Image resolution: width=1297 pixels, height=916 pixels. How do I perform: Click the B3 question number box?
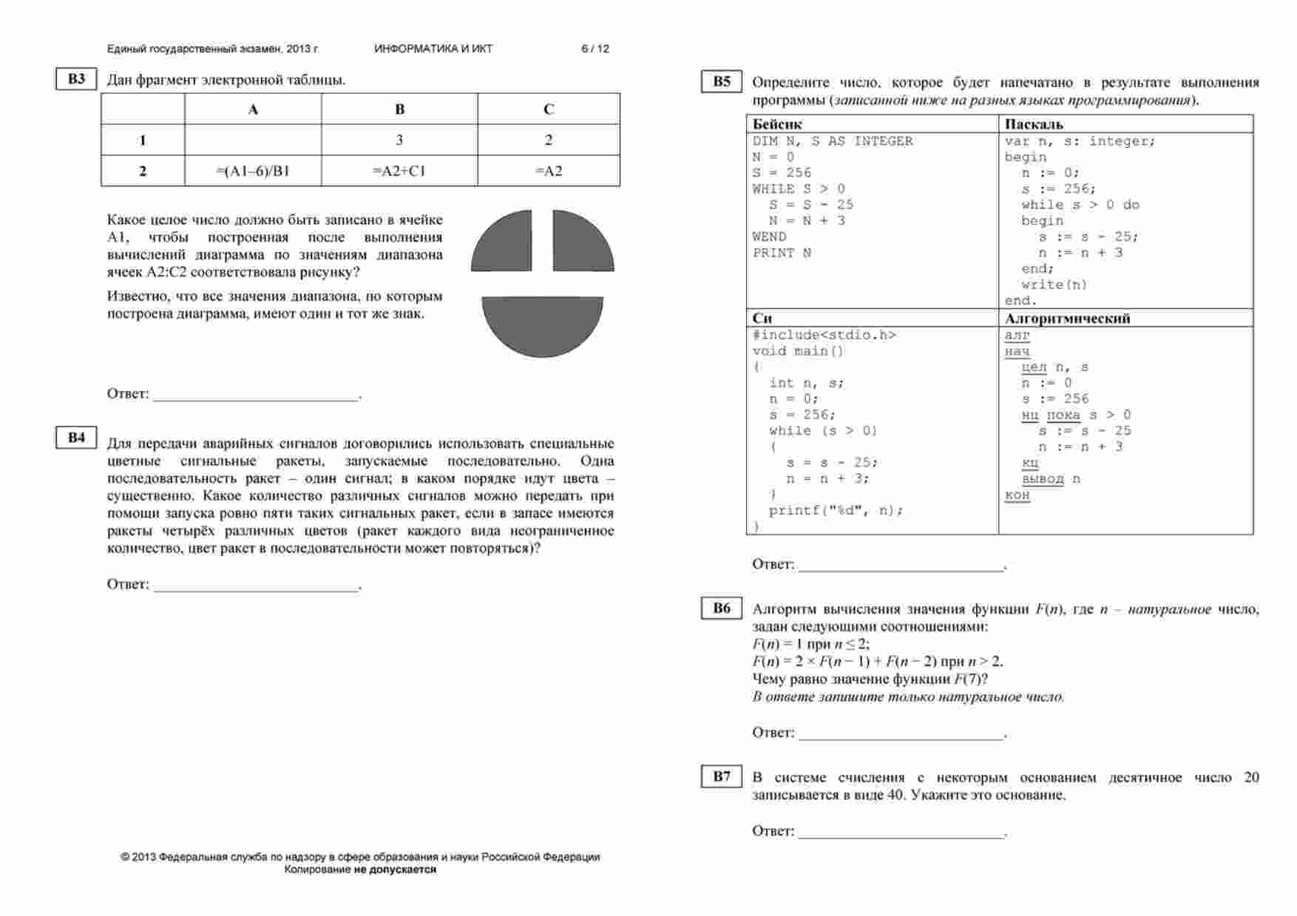[x=76, y=79]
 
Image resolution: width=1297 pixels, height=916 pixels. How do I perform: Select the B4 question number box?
[x=76, y=438]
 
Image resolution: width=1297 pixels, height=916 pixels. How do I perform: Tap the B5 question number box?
[x=721, y=82]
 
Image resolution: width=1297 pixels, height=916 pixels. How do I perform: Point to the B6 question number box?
[x=721, y=608]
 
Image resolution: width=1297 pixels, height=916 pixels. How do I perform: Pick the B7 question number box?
[x=721, y=776]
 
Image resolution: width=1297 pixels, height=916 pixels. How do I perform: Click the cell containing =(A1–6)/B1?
[x=253, y=171]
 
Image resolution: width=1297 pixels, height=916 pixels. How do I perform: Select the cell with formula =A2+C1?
[x=399, y=171]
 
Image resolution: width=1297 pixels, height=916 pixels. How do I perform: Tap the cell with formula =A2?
[x=549, y=171]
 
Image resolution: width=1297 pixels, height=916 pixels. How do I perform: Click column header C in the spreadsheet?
[x=549, y=109]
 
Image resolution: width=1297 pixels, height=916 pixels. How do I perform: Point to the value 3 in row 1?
[x=399, y=140]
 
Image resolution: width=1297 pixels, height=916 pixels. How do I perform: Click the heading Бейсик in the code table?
[x=777, y=124]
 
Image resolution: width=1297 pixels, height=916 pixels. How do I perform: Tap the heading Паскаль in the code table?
[x=1034, y=124]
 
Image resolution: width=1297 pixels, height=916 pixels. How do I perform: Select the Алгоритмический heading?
[x=1067, y=319]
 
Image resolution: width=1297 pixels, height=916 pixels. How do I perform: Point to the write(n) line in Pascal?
[x=1054, y=285]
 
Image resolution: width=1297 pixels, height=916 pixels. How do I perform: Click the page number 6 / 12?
[x=595, y=49]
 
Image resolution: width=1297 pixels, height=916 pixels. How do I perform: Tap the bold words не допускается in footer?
[x=395, y=870]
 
